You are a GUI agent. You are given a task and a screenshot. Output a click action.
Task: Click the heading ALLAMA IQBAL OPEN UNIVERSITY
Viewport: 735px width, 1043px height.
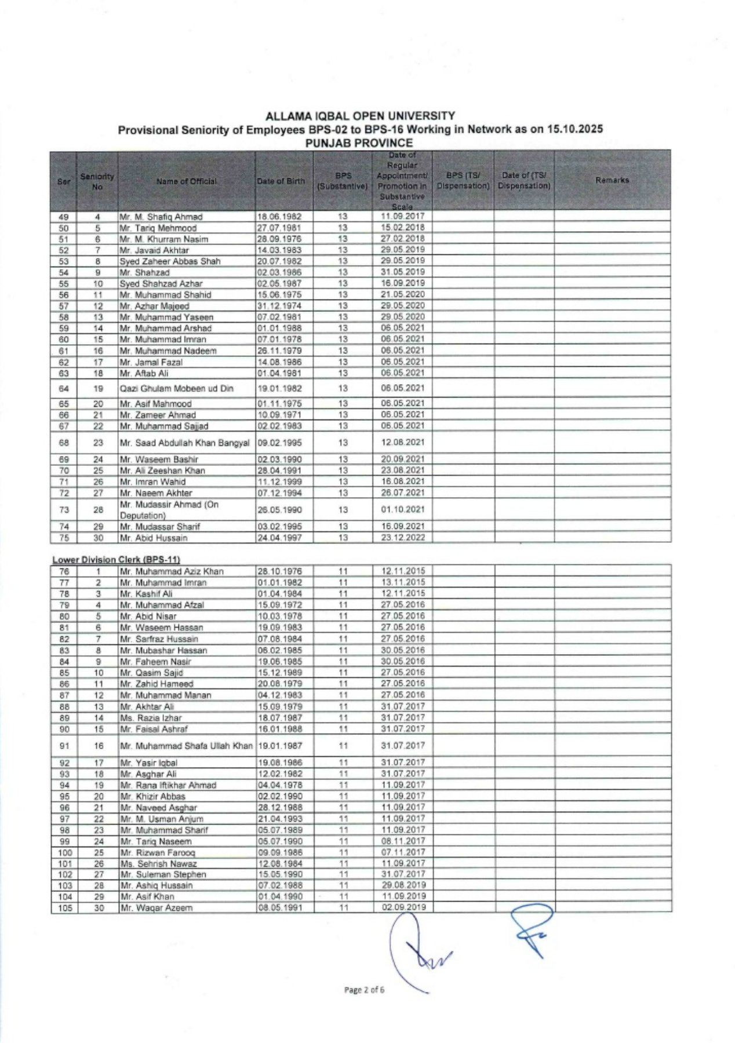pyautogui.click(x=360, y=116)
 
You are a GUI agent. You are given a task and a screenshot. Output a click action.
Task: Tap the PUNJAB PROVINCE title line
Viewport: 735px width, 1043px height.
pyautogui.click(x=359, y=143)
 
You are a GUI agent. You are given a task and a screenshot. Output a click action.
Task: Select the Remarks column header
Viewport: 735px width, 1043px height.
pyautogui.click(x=612, y=180)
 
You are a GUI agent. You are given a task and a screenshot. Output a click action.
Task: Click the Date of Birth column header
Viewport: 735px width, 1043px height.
pyautogui.click(x=281, y=181)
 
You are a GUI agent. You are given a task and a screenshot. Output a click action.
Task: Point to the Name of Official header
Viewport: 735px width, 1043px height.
pyautogui.click(x=186, y=181)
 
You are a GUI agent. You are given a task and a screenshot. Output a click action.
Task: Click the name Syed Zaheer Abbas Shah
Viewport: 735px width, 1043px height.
pyautogui.click(x=170, y=261)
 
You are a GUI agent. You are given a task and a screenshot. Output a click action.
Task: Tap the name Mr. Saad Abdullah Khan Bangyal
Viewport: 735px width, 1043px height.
pyautogui.click(x=184, y=443)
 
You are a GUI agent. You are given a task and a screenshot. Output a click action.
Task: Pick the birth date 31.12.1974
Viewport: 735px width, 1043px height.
pyautogui.click(x=279, y=306)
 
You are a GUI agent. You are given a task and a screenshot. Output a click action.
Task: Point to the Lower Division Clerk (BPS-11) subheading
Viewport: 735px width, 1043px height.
pyautogui.click(x=116, y=559)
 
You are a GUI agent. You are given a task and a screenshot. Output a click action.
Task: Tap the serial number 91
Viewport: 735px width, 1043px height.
pyautogui.click(x=64, y=746)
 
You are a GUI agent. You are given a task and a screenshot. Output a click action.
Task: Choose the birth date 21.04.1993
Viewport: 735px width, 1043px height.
pyautogui.click(x=279, y=819)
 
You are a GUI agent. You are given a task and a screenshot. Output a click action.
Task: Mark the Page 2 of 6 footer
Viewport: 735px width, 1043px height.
pyautogui.click(x=364, y=990)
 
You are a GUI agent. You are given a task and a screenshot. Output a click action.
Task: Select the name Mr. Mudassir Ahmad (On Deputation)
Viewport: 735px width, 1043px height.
pyautogui.click(x=169, y=510)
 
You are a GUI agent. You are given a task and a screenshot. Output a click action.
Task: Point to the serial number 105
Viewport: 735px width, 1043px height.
pyautogui.click(x=65, y=908)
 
